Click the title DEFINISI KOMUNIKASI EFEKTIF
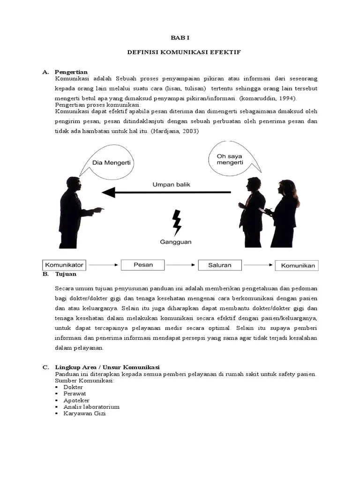click(184, 52)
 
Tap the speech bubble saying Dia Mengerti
click(111, 163)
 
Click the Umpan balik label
click(171, 185)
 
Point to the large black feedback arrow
click(166, 192)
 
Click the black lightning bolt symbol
click(177, 222)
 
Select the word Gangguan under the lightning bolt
click(176, 242)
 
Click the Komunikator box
click(65, 265)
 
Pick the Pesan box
click(143, 265)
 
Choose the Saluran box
click(220, 265)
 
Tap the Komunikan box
click(297, 265)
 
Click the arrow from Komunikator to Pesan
click(103, 265)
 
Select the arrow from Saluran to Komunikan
click(258, 265)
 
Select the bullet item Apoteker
click(76, 400)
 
